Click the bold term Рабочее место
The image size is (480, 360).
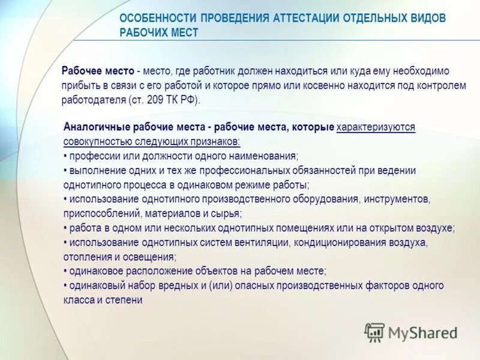(x=98, y=71)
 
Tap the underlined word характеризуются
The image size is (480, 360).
(x=376, y=127)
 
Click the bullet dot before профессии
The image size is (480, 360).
(x=65, y=156)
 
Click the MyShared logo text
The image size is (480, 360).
(x=422, y=332)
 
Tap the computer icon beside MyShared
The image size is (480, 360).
(x=374, y=332)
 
